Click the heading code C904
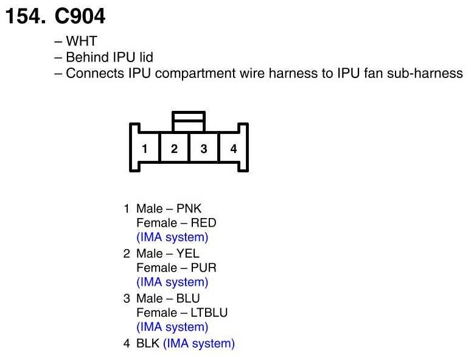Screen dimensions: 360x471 pos(80,16)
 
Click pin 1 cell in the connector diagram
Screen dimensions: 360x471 pos(145,149)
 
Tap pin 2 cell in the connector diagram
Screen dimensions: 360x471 pos(174,149)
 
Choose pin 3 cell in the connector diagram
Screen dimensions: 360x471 pos(204,149)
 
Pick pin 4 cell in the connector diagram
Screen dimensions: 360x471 pos(234,149)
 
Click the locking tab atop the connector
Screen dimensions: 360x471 pos(189,121)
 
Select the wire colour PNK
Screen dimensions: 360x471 pos(189,209)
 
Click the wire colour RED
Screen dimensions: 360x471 pos(203,223)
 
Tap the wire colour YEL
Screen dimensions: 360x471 pos(187,253)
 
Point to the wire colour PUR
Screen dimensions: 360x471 pos(203,268)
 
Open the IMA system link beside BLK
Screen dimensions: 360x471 pos(198,344)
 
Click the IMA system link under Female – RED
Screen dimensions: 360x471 pos(172,238)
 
